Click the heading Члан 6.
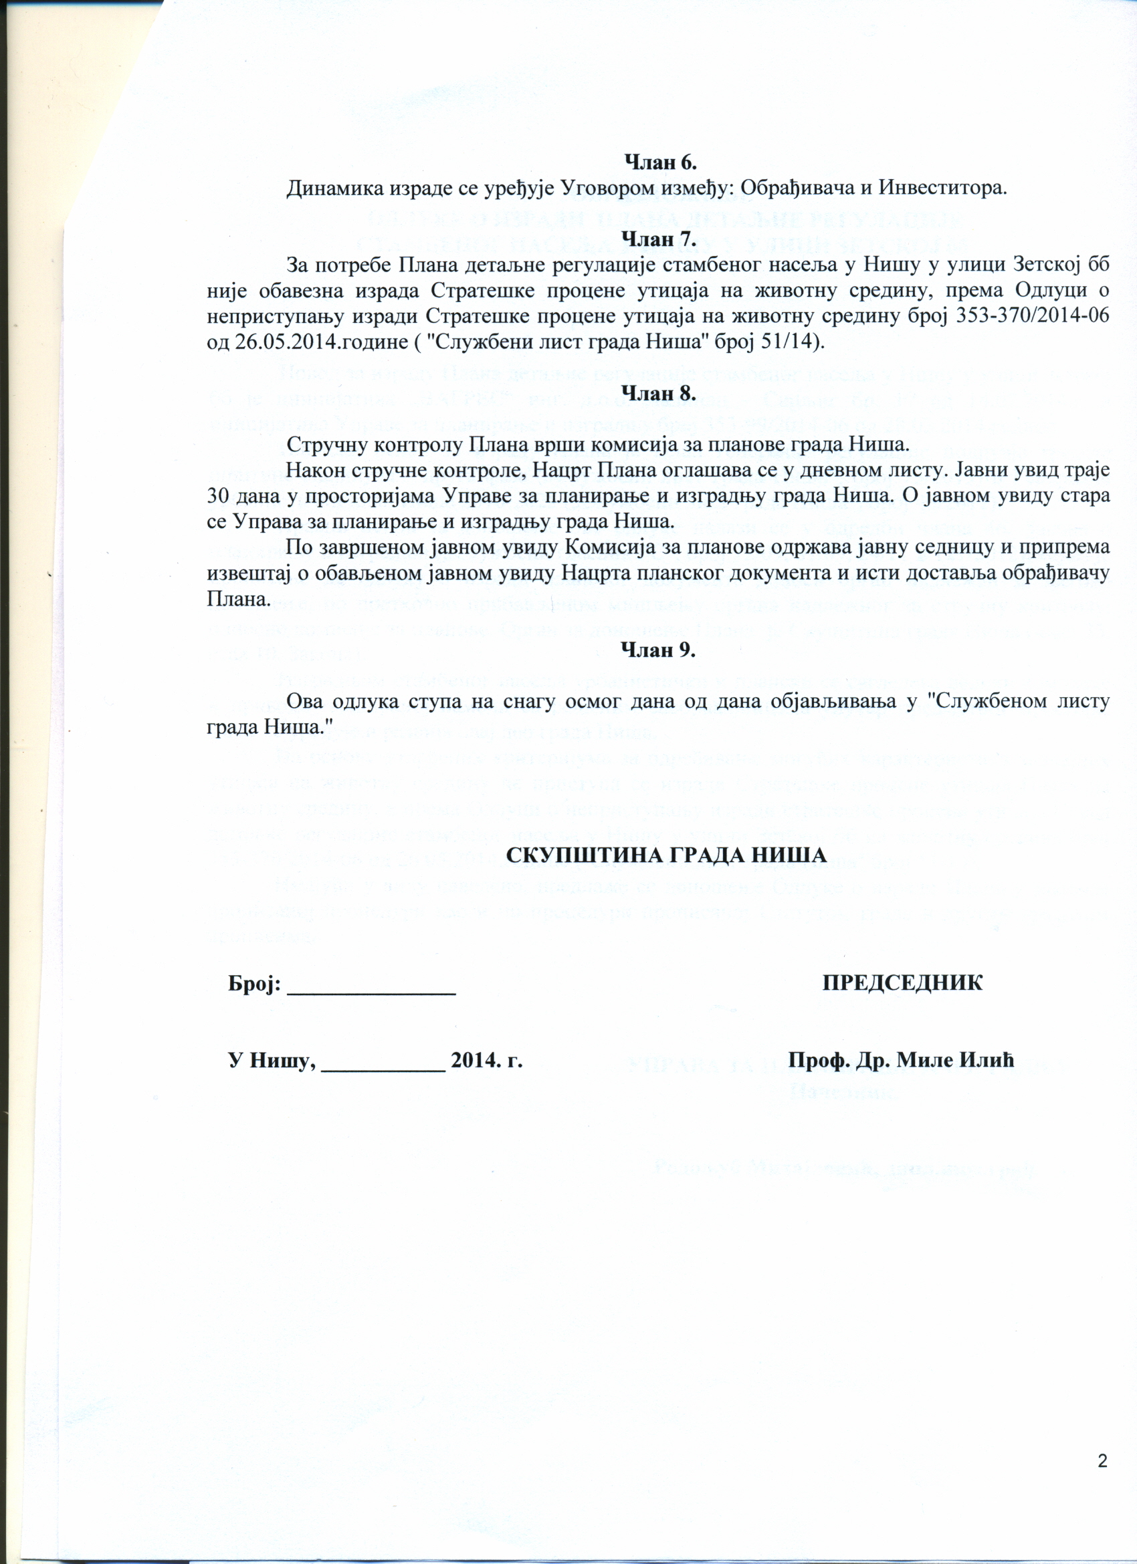[660, 162]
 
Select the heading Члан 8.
[659, 392]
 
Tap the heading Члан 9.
[659, 650]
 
